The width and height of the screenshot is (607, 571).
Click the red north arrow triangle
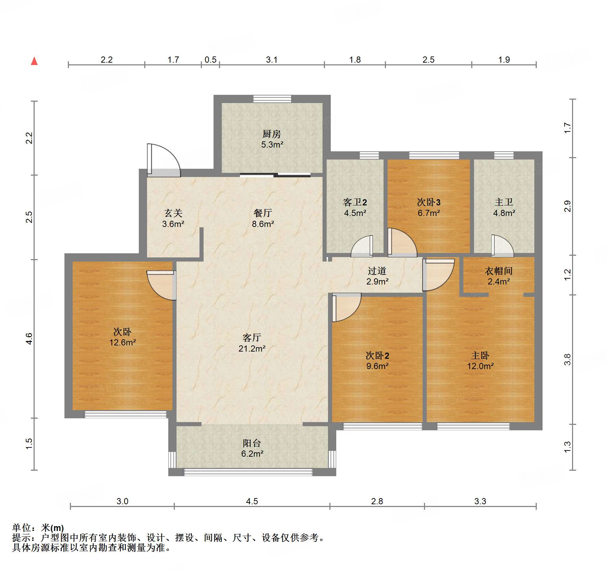click(34, 61)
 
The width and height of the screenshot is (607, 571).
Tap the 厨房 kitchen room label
click(272, 134)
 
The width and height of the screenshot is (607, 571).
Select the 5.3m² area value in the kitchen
click(272, 144)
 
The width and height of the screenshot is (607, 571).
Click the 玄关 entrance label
click(173, 213)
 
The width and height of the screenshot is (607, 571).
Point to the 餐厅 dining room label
click(263, 213)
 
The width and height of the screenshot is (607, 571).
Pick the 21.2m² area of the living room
click(252, 348)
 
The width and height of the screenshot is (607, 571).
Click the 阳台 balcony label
click(252, 443)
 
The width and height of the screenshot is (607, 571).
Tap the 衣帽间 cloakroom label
click(499, 271)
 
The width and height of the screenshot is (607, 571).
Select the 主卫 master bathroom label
click(504, 202)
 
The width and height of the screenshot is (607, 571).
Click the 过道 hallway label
click(377, 271)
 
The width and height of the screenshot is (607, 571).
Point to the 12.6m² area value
click(123, 342)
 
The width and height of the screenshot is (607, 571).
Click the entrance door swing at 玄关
click(164, 160)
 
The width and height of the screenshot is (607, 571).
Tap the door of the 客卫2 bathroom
click(362, 246)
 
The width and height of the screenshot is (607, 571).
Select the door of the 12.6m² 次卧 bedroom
click(161, 285)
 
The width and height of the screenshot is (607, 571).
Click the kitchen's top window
click(272, 99)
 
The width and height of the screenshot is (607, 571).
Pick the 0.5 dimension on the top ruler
click(210, 60)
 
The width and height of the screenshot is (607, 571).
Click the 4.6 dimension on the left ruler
click(29, 339)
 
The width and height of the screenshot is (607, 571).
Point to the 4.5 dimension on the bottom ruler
click(252, 501)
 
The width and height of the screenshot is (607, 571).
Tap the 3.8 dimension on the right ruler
click(568, 359)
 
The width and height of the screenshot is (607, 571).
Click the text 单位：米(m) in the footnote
click(38, 528)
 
